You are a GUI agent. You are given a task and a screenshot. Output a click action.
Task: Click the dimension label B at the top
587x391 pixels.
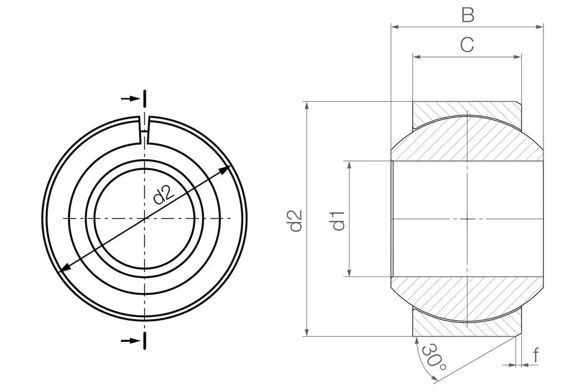click(467, 15)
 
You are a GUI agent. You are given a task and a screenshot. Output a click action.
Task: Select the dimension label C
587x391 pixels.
click(467, 45)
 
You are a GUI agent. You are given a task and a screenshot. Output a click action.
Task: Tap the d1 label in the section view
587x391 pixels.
click(338, 220)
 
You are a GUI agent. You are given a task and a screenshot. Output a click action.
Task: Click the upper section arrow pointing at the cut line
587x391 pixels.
click(130, 99)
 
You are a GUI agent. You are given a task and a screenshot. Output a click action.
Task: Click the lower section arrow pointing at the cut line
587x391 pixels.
click(130, 340)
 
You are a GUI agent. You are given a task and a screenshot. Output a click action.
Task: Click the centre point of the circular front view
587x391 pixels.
click(145, 218)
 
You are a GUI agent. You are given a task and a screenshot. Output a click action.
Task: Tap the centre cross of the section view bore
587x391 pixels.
click(467, 219)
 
